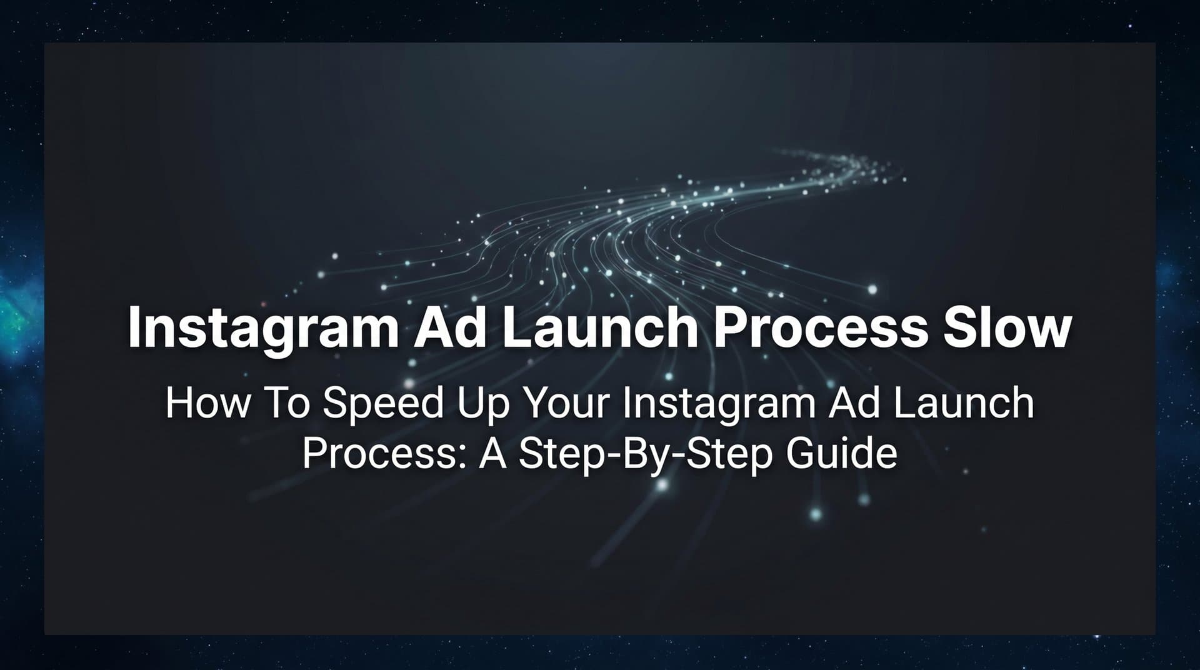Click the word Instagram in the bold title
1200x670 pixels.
[262, 328]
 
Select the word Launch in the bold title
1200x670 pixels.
[599, 327]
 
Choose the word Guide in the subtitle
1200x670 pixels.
[841, 454]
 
